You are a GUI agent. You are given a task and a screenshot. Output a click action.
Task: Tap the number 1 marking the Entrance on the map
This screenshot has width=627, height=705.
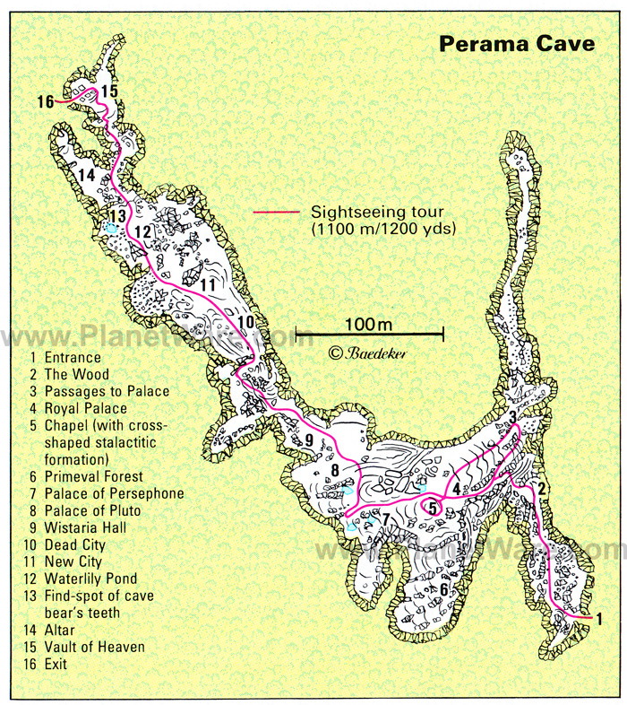click(x=598, y=618)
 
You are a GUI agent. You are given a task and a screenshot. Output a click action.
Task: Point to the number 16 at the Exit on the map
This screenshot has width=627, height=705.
click(x=47, y=100)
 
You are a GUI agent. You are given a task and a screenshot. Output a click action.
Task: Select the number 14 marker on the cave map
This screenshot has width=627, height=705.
click(x=86, y=175)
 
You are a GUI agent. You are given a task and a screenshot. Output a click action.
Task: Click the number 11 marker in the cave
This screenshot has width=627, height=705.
click(x=208, y=284)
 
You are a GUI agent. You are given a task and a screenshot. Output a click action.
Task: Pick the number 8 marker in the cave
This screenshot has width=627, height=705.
click(x=334, y=469)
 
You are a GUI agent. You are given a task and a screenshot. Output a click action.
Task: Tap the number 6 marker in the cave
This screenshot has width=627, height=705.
click(x=442, y=588)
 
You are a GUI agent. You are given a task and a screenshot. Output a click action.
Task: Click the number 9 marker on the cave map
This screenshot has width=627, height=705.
click(x=307, y=440)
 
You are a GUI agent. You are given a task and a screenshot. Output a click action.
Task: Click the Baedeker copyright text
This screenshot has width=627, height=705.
click(x=367, y=353)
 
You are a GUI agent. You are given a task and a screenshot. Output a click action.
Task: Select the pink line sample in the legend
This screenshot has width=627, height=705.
click(x=275, y=213)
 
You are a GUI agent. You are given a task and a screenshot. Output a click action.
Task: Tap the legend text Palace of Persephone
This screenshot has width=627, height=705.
click(x=114, y=493)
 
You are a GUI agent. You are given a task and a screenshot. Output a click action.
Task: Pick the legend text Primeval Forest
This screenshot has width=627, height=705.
click(x=94, y=476)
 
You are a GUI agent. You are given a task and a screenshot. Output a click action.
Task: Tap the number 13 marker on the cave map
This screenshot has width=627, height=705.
click(x=116, y=215)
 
